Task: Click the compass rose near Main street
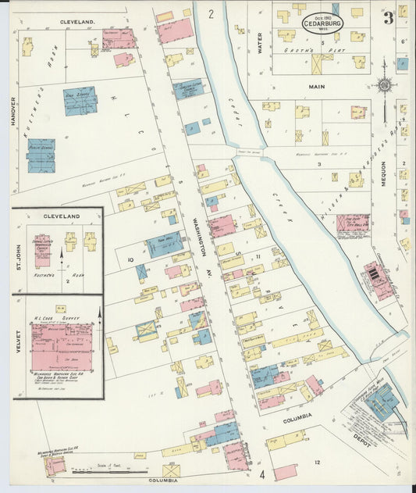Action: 385,86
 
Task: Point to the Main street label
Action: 316,87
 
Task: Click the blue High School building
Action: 80,101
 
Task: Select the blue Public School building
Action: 41,155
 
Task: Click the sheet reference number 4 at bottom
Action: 262,473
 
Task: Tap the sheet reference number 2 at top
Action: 211,14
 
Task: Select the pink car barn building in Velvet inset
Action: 61,344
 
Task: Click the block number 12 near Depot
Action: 317,463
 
